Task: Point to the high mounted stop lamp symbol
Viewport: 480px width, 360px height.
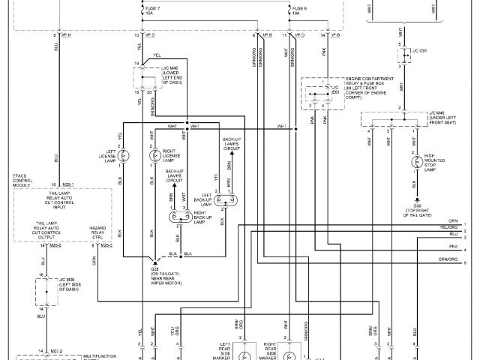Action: pos(414,161)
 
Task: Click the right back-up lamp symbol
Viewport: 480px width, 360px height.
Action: pos(181,217)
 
